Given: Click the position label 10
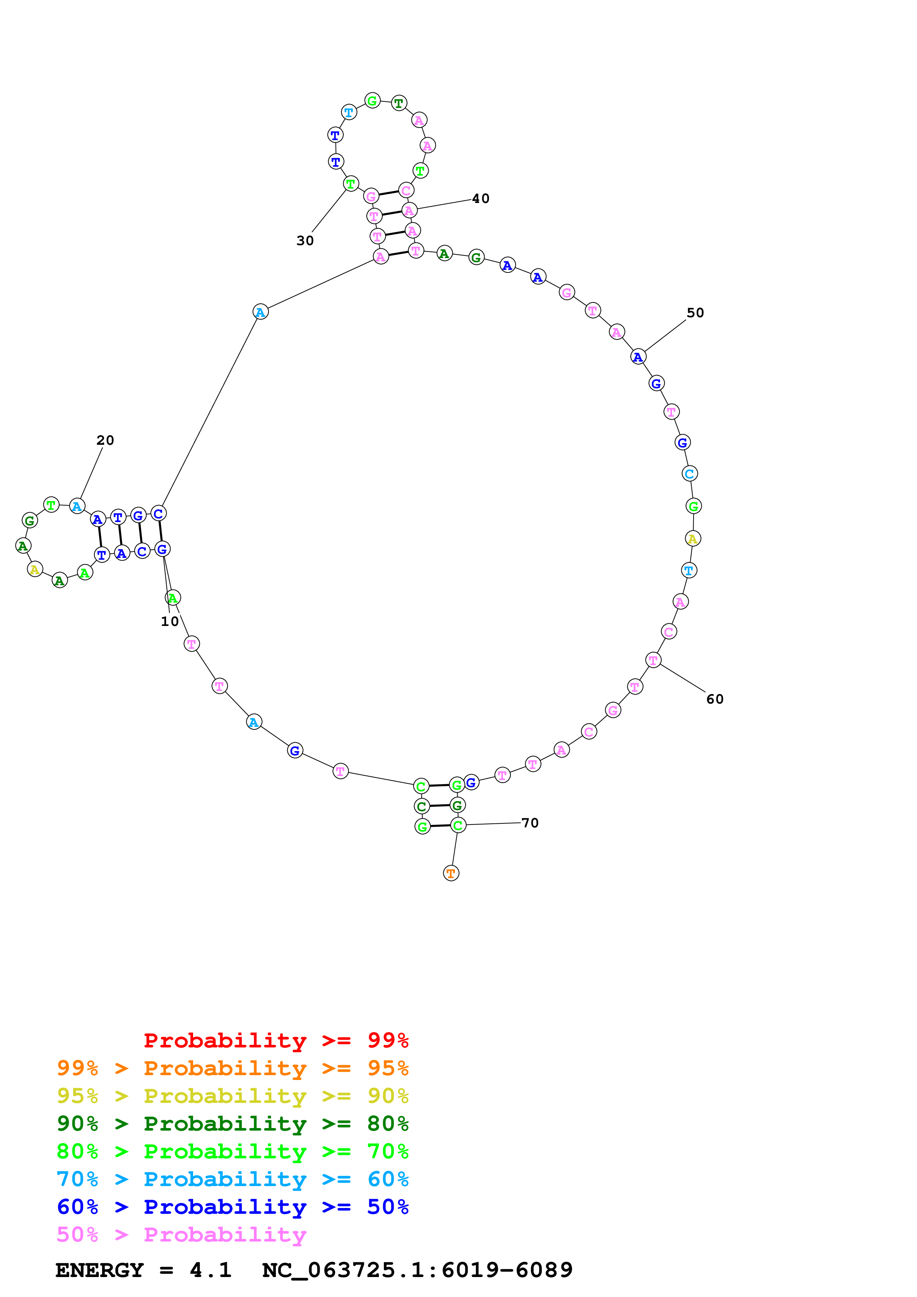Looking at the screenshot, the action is (169, 622).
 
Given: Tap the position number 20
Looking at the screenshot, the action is (105, 440).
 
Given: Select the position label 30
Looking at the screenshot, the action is (305, 241).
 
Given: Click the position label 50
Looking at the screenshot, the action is (695, 313).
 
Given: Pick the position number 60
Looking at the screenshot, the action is (715, 700).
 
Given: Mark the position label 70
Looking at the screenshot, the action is (530, 823).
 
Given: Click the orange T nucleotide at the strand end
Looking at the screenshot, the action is (451, 873).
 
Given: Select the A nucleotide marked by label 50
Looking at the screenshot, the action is (638, 357).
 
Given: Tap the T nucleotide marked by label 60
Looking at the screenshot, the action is (653, 660).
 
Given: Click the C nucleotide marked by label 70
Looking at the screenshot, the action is (458, 825).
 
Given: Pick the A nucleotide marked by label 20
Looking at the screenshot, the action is (77, 506).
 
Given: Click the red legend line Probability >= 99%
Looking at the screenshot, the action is (276, 1040).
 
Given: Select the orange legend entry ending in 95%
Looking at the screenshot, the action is (232, 1068).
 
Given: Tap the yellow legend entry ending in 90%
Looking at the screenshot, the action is (232, 1096).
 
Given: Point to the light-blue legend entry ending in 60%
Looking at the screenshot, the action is (232, 1179).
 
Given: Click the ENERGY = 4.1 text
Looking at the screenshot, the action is (144, 1270).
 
